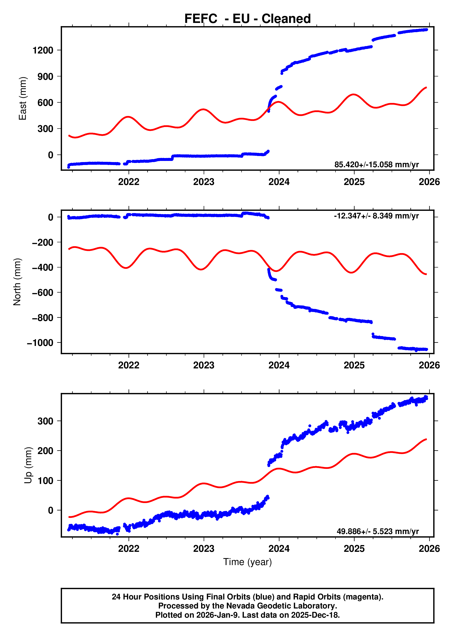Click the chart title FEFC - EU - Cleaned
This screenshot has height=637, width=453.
click(247, 19)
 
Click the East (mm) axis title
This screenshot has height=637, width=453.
click(23, 98)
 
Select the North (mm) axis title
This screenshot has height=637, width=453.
click(17, 282)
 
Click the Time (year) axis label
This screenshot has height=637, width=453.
click(247, 562)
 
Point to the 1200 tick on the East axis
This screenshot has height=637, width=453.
click(43, 51)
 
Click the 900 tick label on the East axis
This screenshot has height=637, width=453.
click(45, 76)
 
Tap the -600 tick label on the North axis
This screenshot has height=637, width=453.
click(42, 293)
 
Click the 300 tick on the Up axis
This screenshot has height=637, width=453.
click(45, 421)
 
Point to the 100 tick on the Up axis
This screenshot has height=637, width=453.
click(45, 481)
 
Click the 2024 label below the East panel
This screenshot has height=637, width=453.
click(279, 182)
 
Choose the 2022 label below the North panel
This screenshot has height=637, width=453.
click(129, 365)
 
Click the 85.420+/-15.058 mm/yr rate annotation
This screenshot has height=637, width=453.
click(376, 165)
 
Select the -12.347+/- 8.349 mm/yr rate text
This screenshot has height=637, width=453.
click(376, 216)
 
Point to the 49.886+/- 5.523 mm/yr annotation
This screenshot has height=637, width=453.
click(377, 531)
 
